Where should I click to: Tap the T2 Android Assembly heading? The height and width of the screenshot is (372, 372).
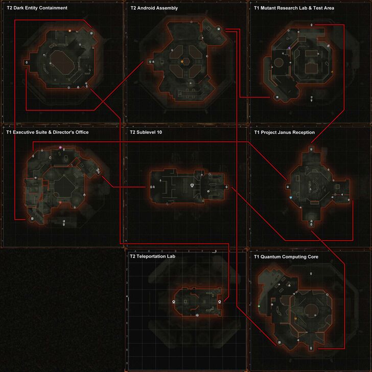(154, 8)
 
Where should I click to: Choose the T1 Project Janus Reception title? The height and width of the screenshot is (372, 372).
(284, 132)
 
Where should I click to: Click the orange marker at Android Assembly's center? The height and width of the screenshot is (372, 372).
(181, 61)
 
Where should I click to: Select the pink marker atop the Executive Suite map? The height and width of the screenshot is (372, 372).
(60, 147)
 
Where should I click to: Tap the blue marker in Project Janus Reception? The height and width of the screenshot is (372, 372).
(290, 197)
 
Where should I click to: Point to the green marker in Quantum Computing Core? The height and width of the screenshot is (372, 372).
(259, 306)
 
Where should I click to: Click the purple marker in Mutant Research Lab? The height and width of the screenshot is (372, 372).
(289, 48)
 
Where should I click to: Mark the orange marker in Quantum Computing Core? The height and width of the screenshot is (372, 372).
(296, 319)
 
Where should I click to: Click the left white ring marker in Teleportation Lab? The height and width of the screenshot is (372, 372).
(174, 302)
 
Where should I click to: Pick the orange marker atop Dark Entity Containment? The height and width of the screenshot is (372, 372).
(69, 31)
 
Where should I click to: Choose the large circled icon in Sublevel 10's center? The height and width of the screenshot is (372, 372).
(192, 185)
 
